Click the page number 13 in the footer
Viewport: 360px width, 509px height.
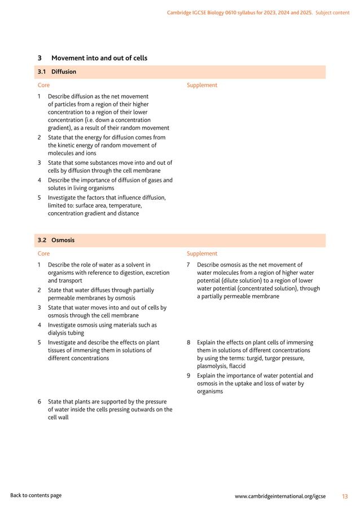[x=345, y=496]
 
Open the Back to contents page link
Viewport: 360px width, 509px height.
[x=36, y=495]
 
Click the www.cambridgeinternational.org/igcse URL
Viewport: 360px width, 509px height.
[x=280, y=496]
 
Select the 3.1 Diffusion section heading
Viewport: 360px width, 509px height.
[x=56, y=72]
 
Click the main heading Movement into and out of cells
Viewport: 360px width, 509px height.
[x=99, y=58]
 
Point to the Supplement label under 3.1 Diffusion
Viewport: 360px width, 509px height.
[x=201, y=85]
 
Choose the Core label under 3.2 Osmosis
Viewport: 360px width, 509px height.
[x=43, y=254]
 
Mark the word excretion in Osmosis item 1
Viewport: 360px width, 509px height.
[x=156, y=273]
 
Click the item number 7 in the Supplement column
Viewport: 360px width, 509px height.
[x=188, y=265]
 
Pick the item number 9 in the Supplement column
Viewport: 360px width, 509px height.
[x=188, y=376]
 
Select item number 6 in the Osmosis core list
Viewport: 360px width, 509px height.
[x=39, y=402]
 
